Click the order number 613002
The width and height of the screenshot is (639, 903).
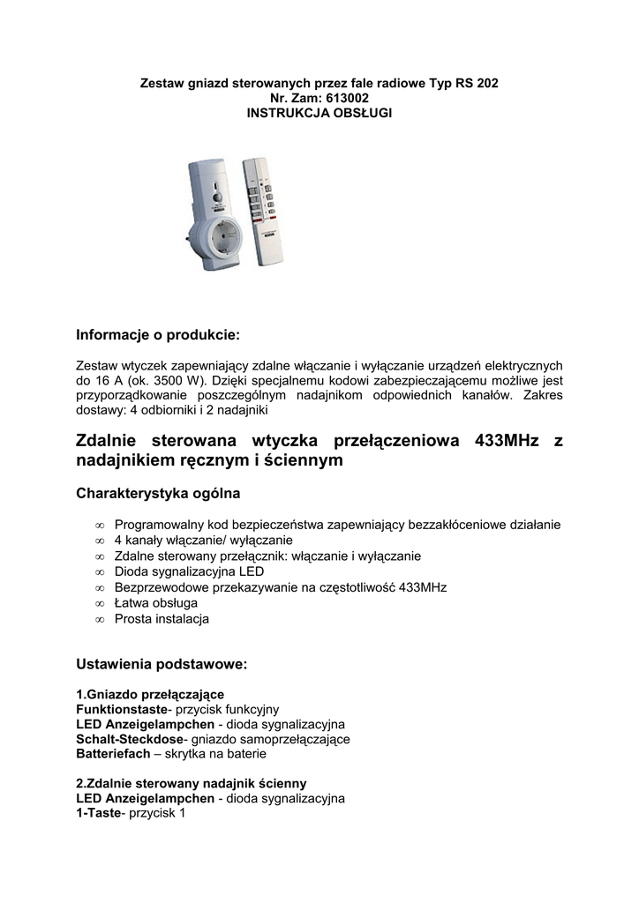(x=340, y=98)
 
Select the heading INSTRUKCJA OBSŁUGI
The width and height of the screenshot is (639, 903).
(x=319, y=113)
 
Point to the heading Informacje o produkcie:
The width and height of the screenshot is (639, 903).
(x=158, y=335)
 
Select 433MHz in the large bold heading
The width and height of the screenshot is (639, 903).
(x=507, y=440)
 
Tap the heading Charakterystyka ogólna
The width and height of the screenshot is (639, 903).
(x=158, y=494)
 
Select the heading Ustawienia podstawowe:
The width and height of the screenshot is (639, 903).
(x=162, y=662)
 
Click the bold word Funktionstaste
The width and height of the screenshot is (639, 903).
(x=121, y=709)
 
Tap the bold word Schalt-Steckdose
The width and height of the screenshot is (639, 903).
(x=130, y=739)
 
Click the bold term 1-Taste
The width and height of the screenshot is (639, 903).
(x=98, y=813)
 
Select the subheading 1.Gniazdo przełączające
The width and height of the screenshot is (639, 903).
(x=150, y=694)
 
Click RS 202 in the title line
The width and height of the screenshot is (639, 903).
(x=477, y=83)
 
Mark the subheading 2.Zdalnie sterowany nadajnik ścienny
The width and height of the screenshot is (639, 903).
(x=192, y=783)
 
